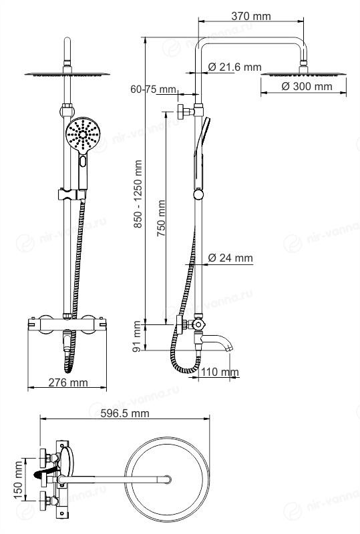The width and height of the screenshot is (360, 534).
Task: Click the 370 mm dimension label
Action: click(x=251, y=16)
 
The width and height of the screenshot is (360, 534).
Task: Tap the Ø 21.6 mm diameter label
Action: click(x=234, y=67)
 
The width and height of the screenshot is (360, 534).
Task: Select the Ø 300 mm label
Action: click(x=307, y=86)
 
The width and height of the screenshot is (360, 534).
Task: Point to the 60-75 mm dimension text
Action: click(x=154, y=89)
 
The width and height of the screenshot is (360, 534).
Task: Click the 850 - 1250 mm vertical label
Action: click(x=138, y=194)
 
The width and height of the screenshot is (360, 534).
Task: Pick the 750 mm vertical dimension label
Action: click(x=161, y=218)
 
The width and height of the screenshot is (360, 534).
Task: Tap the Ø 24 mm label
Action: click(x=230, y=258)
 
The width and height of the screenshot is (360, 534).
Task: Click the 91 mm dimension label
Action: click(x=137, y=336)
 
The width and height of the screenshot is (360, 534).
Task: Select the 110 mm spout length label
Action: click(x=219, y=372)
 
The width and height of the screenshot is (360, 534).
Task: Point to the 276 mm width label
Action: click(x=68, y=382)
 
